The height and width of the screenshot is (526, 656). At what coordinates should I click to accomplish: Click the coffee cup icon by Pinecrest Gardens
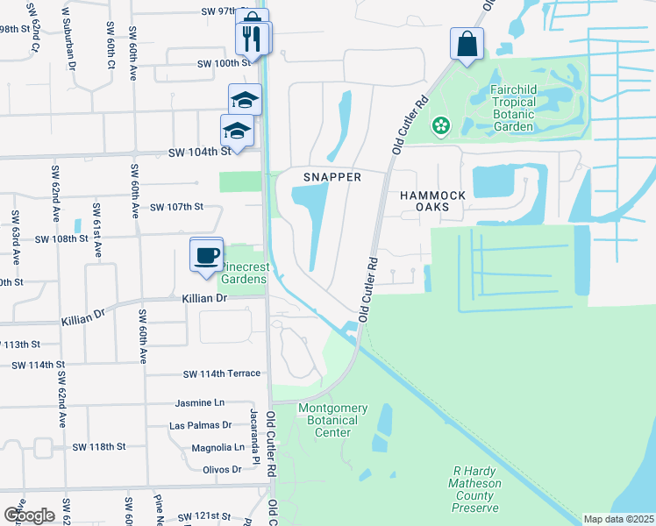click(x=206, y=255)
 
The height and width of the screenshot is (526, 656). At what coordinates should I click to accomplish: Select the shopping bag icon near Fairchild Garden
click(x=467, y=44)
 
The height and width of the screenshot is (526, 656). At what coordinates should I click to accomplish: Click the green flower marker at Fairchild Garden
click(x=440, y=128)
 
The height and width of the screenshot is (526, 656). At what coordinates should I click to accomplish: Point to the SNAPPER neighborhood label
click(x=332, y=177)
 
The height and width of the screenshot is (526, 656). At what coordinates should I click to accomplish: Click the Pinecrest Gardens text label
click(x=242, y=273)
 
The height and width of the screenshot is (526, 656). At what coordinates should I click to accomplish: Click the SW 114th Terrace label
click(x=222, y=373)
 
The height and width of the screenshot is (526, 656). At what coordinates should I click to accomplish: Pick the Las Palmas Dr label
click(x=200, y=426)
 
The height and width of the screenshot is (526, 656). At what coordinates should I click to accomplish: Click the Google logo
click(x=29, y=515)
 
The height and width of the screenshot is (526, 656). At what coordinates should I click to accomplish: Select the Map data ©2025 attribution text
click(x=617, y=519)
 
